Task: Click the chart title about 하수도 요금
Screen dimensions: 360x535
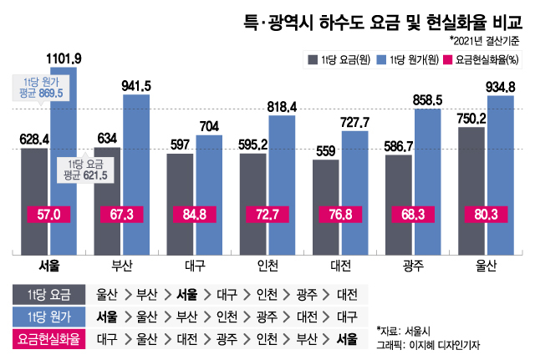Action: (x=374, y=18)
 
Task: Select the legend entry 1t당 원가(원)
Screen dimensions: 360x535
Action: (x=405, y=59)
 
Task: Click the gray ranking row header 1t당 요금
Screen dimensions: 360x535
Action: (x=50, y=294)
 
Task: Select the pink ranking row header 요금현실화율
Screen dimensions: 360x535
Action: (x=50, y=339)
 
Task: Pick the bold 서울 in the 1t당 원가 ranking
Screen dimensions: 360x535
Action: (x=107, y=317)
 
